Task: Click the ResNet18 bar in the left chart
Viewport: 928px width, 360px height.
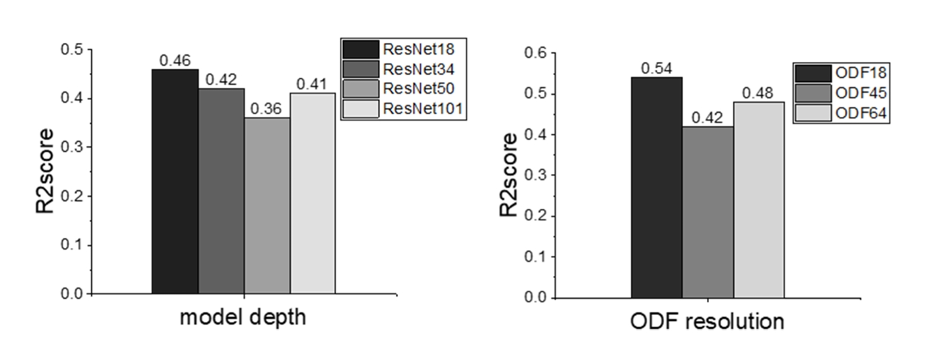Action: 175,181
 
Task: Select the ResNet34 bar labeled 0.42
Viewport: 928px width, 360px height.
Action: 222,191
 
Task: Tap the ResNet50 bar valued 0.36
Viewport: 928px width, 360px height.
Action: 267,206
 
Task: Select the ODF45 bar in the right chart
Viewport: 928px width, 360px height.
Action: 708,212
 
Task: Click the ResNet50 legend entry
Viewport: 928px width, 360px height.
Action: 403,88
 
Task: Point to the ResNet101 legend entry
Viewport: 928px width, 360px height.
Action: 403,108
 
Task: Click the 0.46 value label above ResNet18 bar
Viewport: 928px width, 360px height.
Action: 174,60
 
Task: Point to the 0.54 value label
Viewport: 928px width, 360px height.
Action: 656,68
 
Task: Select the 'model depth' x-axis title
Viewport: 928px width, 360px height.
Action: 242,318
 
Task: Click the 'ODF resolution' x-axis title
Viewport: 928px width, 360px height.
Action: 707,322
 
